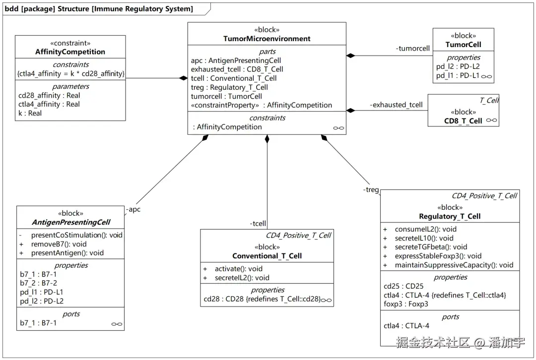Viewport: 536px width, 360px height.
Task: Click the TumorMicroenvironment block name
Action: [x=267, y=39]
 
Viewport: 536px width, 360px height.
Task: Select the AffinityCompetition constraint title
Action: [x=70, y=52]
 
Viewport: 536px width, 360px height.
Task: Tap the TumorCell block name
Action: [x=463, y=45]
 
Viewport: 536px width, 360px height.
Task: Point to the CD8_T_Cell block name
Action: [x=463, y=121]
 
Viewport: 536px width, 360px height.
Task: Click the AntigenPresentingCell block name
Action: [x=71, y=222]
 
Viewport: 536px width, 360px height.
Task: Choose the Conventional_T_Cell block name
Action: [x=267, y=256]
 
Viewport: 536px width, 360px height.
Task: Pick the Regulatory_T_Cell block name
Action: [x=450, y=216]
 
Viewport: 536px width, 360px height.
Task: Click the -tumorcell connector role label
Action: [x=412, y=49]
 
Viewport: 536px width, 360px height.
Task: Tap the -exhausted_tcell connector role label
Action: [x=396, y=105]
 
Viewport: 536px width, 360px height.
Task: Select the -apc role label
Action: [x=134, y=209]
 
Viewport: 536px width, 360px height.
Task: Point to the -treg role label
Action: [x=371, y=189]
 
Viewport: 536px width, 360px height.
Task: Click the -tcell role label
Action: [x=258, y=224]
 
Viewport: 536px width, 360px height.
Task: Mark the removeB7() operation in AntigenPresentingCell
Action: [x=59, y=244]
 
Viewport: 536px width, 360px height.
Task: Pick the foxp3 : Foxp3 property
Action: [x=406, y=304]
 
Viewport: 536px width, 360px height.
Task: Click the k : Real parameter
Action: [x=30, y=114]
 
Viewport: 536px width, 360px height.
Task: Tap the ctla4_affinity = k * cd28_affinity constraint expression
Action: [x=71, y=74]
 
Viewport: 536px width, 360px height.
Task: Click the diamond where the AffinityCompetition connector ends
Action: [x=184, y=78]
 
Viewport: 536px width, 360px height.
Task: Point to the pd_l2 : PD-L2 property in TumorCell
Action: [x=458, y=66]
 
